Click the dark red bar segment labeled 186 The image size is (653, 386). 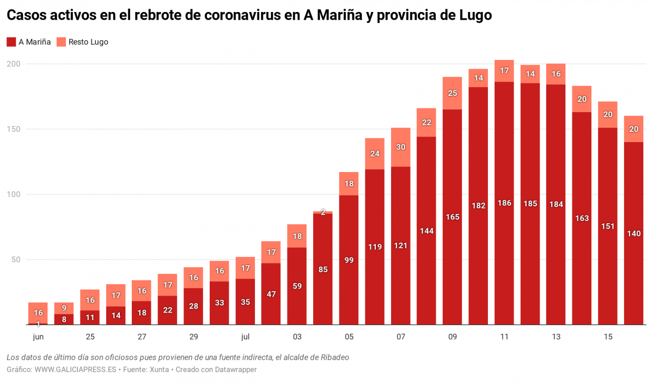click(504, 203)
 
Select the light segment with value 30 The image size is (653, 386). click(401, 147)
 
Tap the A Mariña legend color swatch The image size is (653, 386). click(11, 42)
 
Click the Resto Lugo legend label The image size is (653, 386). click(88, 42)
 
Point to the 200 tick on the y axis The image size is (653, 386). click(13, 64)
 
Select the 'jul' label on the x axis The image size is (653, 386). click(245, 337)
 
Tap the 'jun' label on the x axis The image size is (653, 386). click(38, 337)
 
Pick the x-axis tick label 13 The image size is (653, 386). click(556, 337)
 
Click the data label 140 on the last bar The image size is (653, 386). click(634, 234)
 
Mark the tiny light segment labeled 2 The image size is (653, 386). click(323, 212)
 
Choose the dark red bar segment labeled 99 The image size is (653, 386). click(349, 260)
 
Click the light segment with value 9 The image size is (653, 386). click(64, 308)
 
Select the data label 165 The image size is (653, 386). click(453, 217)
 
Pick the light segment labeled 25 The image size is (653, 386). click(453, 93)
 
